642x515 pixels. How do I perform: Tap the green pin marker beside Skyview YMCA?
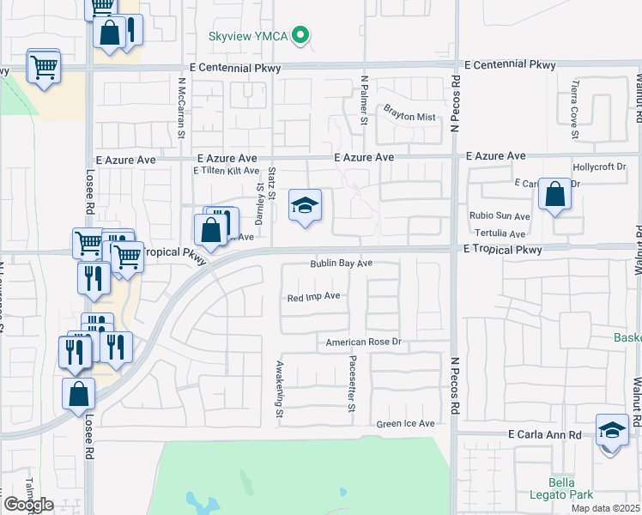point(300,35)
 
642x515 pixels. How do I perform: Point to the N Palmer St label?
point(364,100)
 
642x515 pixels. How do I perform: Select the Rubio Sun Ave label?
point(499,216)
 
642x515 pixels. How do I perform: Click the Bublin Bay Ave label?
point(341,264)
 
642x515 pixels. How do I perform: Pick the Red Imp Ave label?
point(314,296)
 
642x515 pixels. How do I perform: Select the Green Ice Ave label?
point(405,424)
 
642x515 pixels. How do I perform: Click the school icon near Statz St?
point(304,206)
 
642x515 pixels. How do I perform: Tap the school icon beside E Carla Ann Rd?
point(612,429)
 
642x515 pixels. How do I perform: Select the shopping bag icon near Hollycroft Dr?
point(555,195)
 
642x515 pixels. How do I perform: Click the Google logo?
point(29,504)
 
